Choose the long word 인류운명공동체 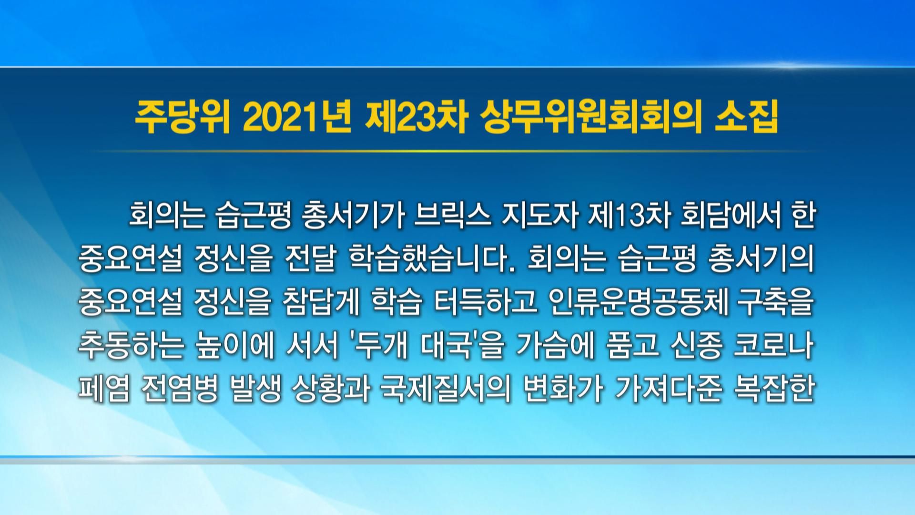tap(639, 304)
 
